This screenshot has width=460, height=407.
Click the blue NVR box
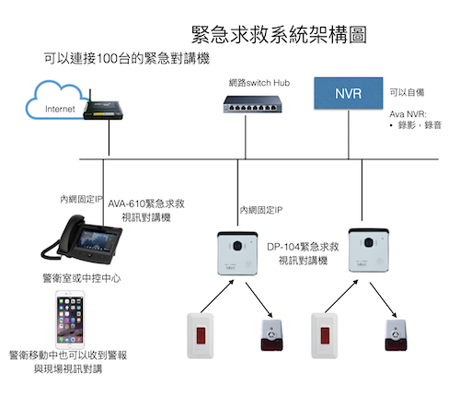click(x=349, y=93)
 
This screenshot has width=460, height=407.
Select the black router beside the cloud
click(x=103, y=110)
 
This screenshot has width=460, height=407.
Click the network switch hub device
click(x=253, y=104)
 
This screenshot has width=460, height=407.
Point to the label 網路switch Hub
click(x=259, y=83)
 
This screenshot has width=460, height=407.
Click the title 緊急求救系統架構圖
click(x=279, y=34)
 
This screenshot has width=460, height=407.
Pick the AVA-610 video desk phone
click(x=82, y=239)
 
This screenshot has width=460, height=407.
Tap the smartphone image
click(x=70, y=320)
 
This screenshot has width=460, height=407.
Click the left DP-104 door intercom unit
click(x=237, y=253)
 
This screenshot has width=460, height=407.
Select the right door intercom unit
click(x=369, y=250)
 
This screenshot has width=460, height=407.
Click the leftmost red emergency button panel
click(x=201, y=335)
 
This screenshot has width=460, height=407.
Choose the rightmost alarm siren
click(x=396, y=335)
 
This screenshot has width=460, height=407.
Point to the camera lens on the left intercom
click(x=237, y=246)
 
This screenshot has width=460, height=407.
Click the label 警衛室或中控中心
click(x=82, y=278)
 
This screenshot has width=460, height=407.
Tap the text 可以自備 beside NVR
click(x=407, y=92)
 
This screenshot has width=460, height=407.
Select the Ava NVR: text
click(x=408, y=114)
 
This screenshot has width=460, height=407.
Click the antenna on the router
click(x=90, y=98)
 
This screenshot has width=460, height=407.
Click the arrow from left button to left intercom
click(x=217, y=297)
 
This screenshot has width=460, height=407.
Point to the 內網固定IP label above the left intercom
click(x=261, y=210)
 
